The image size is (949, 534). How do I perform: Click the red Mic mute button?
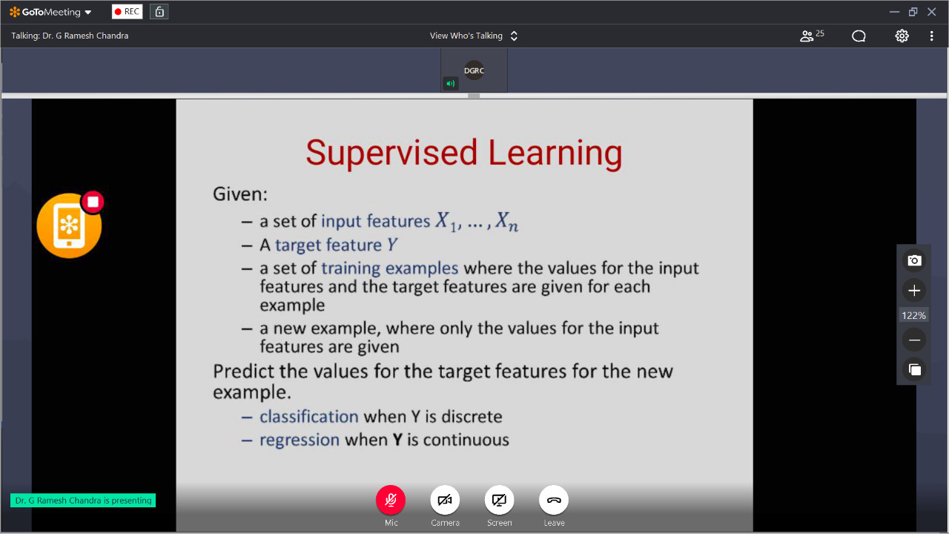click(x=391, y=500)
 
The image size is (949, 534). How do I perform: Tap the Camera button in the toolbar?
click(x=445, y=500)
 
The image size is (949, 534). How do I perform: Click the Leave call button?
click(x=554, y=500)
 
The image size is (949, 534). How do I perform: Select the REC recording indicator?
click(x=127, y=12)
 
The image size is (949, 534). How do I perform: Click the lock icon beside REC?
click(x=159, y=12)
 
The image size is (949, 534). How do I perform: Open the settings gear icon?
click(x=902, y=36)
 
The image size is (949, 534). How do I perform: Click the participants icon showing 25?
click(x=812, y=36)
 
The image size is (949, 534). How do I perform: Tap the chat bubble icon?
click(x=859, y=36)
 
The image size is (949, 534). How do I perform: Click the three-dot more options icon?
click(x=932, y=36)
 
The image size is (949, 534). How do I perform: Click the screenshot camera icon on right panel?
click(x=914, y=260)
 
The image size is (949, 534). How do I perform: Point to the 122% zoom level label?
click(x=914, y=315)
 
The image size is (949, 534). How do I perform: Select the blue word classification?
click(x=309, y=417)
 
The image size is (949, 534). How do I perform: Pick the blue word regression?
click(x=300, y=441)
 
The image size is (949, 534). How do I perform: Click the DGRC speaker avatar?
click(x=474, y=70)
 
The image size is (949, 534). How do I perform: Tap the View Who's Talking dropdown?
click(x=474, y=36)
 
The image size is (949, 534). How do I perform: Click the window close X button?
click(x=932, y=12)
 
